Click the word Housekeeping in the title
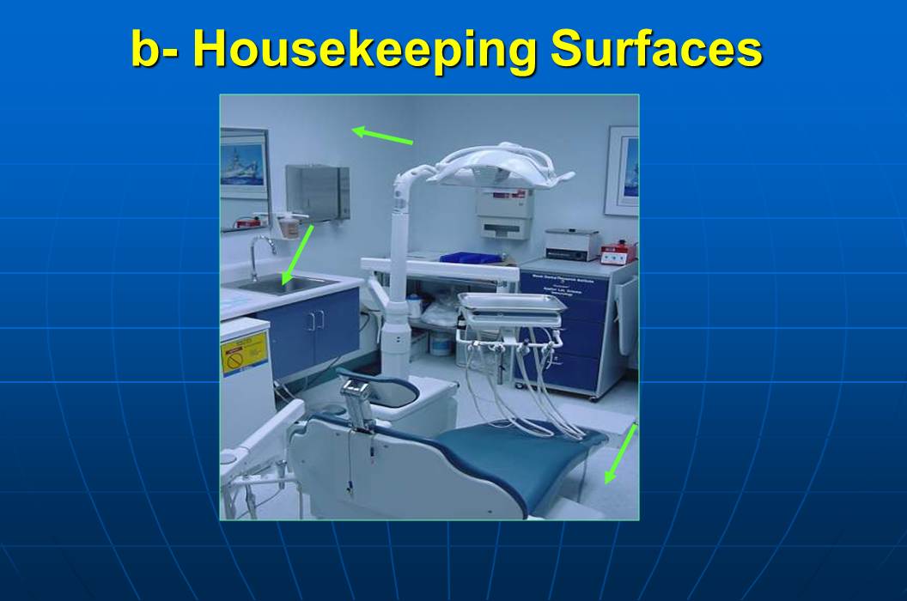[370, 50]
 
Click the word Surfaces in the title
[656, 50]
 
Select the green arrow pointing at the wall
[382, 136]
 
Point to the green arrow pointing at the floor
[619, 454]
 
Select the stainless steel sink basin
[288, 284]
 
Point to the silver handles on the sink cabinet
[316, 320]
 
